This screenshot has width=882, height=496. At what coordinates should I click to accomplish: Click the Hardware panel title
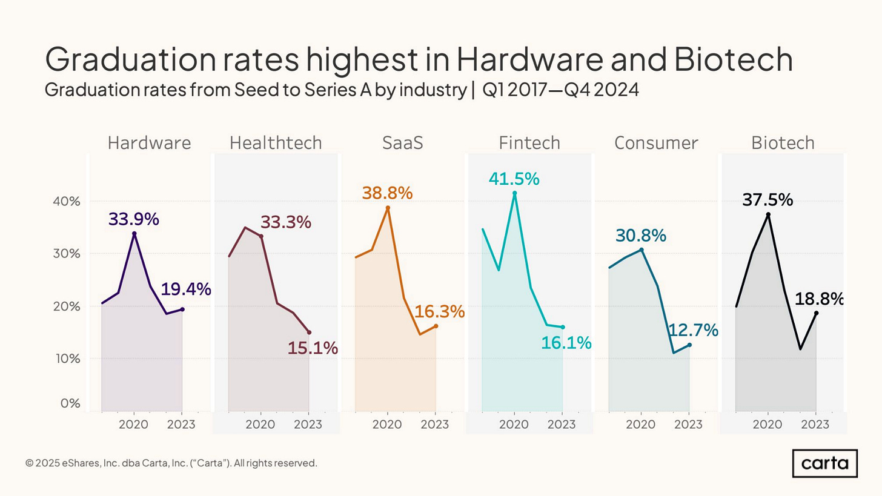[149, 143]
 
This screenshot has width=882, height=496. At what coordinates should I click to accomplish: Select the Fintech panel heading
[529, 143]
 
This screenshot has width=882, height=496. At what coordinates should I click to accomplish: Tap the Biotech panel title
[783, 143]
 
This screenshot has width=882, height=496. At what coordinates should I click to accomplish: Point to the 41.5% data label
[514, 179]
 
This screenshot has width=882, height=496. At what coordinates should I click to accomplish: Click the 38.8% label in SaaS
[387, 193]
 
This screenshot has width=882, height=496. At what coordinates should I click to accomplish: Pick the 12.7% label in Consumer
[693, 331]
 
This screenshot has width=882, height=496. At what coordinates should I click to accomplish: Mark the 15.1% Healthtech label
[313, 348]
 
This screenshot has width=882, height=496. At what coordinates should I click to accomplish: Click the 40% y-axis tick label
[67, 201]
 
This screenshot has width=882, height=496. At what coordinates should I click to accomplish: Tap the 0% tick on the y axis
[70, 403]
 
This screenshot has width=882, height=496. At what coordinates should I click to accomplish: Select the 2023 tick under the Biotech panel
[815, 424]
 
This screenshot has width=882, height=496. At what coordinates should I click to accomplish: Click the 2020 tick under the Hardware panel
[133, 424]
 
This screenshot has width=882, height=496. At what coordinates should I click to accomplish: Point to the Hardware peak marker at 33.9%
[134, 233]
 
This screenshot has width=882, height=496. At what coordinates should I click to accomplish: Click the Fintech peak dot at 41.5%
[514, 193]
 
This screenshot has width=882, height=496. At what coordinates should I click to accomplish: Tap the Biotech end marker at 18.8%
[816, 313]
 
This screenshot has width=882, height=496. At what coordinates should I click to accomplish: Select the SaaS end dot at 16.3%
[436, 326]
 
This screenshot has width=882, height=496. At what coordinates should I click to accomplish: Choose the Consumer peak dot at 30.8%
[642, 250]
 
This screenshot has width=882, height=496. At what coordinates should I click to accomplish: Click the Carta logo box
[824, 464]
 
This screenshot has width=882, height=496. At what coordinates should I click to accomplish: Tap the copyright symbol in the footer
[29, 463]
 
